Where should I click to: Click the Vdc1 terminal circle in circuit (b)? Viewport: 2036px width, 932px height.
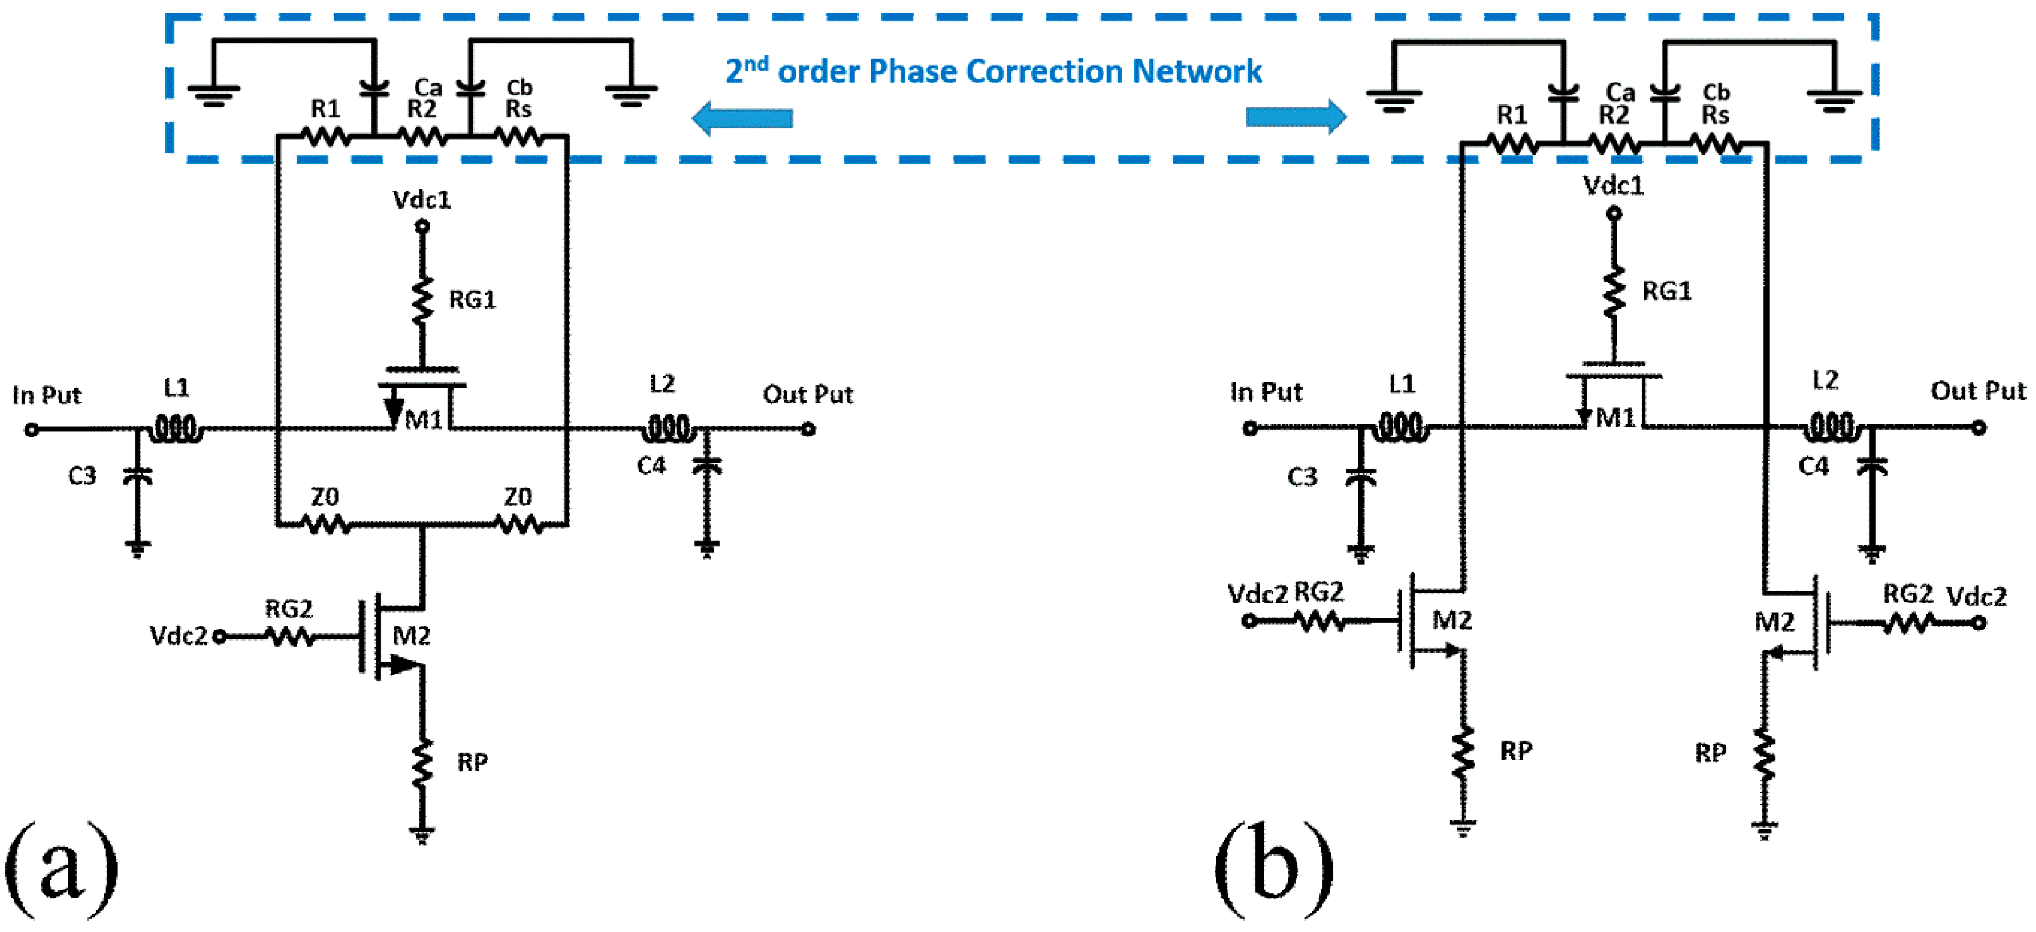pyautogui.click(x=1614, y=213)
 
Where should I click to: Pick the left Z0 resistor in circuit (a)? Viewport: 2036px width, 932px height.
pyautogui.click(x=326, y=523)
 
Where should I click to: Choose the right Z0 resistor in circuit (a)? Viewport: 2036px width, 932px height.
pyautogui.click(x=519, y=523)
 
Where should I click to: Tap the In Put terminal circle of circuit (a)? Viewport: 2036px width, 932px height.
pyautogui.click(x=31, y=429)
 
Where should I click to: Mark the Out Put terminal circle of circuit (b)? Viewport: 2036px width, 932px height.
pyautogui.click(x=1978, y=428)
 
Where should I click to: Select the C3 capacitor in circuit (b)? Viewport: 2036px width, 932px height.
pyautogui.click(x=1360, y=477)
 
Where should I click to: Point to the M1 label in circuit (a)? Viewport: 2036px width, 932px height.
pyautogui.click(x=424, y=420)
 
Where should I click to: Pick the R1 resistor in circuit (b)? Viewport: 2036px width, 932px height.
pyautogui.click(x=1512, y=144)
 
